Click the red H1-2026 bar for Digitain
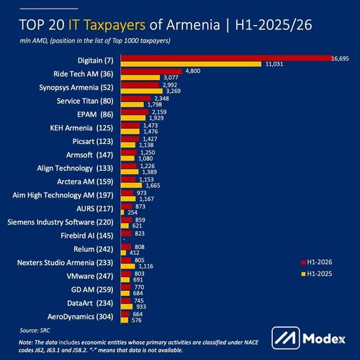[227, 58]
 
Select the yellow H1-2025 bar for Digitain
[191, 64]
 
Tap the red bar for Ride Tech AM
[151, 71]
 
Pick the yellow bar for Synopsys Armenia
[142, 91]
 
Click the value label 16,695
[340, 58]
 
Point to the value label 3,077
[171, 78]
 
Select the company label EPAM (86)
[95, 114]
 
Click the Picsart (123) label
[93, 141]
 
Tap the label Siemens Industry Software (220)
[60, 222]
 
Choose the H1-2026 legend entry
[317, 262]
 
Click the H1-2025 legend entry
[317, 274]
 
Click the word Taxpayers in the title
[115, 25]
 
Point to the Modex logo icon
[286, 338]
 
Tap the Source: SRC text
[35, 330]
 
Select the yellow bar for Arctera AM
[132, 186]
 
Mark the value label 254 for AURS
[132, 212]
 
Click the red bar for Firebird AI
[126, 233]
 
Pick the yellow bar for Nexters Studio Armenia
[128, 266]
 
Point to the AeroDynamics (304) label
[81, 317]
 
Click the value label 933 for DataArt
[141, 307]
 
